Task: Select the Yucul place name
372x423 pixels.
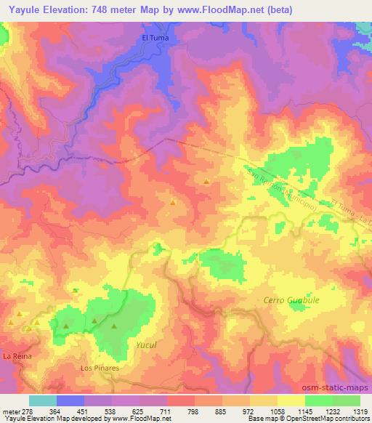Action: pyautogui.click(x=146, y=345)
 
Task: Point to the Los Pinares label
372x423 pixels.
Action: pyautogui.click(x=100, y=368)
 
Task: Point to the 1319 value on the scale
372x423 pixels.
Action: pyautogui.click(x=360, y=411)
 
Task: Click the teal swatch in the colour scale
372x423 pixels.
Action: pyautogui.click(x=43, y=400)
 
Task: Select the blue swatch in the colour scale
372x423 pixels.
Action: pyautogui.click(x=70, y=400)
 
